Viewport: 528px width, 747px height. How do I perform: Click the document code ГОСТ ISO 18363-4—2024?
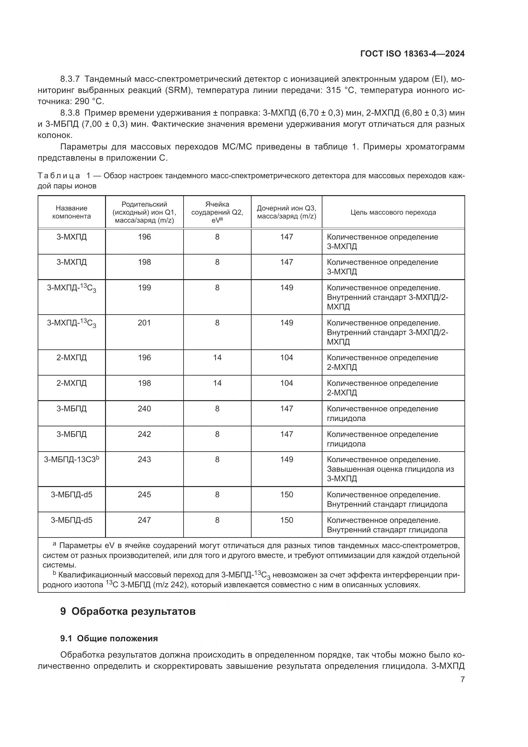pyautogui.click(x=412, y=54)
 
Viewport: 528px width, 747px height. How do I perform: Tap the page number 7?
pyautogui.click(x=462, y=679)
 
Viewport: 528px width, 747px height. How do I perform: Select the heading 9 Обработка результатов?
pyautogui.click(x=128, y=611)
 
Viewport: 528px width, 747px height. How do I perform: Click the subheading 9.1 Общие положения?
pyautogui.click(x=109, y=638)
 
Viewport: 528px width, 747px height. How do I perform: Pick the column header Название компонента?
pyautogui.click(x=72, y=212)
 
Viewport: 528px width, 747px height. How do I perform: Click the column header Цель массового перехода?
pyautogui.click(x=393, y=212)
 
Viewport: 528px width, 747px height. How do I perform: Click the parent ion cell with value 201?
pyautogui.click(x=144, y=323)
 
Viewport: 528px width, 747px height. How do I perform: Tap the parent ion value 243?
pyautogui.click(x=144, y=459)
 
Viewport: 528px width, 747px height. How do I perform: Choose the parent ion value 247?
pyautogui.click(x=144, y=520)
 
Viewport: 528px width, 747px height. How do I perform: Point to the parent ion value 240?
pyautogui.click(x=144, y=409)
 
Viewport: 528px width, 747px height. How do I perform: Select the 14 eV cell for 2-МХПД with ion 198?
pyautogui.click(x=217, y=383)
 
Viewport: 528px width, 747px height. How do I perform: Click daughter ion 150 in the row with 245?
pyautogui.click(x=286, y=494)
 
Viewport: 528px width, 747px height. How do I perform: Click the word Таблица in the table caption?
pyautogui.click(x=59, y=176)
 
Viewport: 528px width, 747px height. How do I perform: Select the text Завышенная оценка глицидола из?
pyautogui.click(x=390, y=469)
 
